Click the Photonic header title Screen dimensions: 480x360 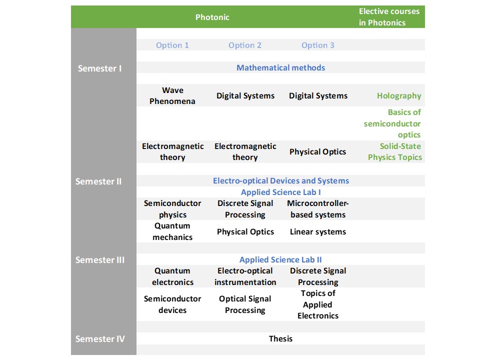tap(212, 17)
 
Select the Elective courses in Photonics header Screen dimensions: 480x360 tap(389, 17)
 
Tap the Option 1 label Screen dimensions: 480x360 tap(172, 45)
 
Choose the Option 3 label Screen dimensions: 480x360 tap(318, 45)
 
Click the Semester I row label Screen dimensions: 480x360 tap(99, 68)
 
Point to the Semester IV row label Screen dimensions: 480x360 tap(100, 339)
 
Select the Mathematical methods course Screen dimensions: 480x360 tap(280, 67)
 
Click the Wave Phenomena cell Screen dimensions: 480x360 tap(172, 95)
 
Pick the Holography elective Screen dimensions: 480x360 tap(399, 96)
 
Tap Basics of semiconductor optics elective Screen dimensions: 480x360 tap(392, 123)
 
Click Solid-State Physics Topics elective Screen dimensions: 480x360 tap(394, 151)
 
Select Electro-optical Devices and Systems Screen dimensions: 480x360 tap(280, 180)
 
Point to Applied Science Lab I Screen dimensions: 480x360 tap(280, 192)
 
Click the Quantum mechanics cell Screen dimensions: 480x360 tap(172, 231)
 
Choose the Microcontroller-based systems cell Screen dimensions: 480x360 tap(318, 209)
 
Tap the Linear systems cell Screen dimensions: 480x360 tap(318, 231)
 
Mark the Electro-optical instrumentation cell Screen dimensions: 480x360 tap(245, 276)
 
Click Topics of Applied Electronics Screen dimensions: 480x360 tap(318, 304)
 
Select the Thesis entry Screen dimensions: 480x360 tap(280, 338)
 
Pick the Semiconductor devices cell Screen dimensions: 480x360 tap(172, 304)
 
